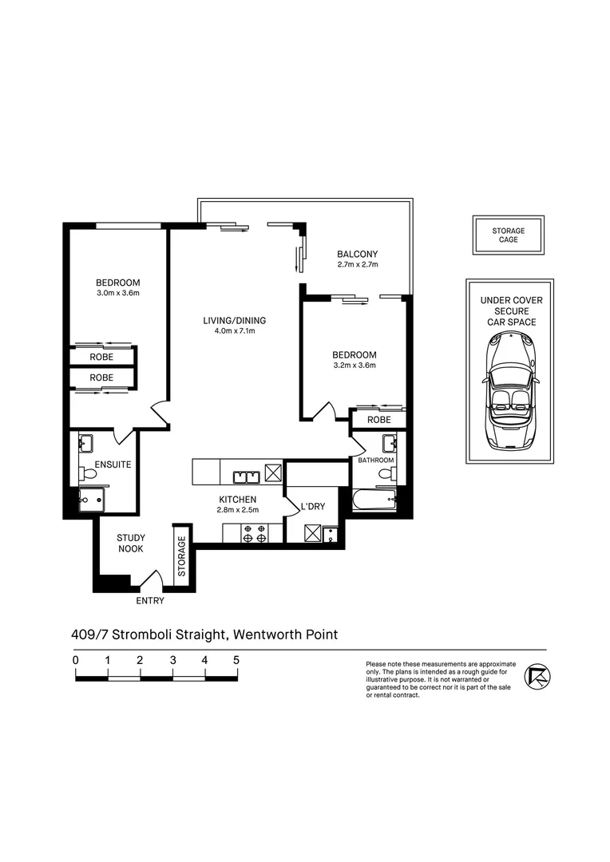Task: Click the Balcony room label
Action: click(358, 254)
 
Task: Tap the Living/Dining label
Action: click(234, 321)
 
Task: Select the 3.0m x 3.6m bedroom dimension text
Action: click(118, 293)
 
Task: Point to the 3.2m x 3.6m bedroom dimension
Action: click(355, 365)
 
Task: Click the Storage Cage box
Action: click(509, 235)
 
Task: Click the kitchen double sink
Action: click(246, 476)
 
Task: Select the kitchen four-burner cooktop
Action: click(255, 533)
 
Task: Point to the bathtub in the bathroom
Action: click(374, 500)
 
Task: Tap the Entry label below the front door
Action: click(150, 601)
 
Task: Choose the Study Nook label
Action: click(131, 544)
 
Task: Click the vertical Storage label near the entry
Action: click(182, 556)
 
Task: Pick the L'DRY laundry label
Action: click(313, 506)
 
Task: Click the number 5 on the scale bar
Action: click(236, 660)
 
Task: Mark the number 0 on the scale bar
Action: click(76, 660)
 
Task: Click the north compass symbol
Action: click(537, 677)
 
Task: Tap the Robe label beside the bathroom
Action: click(379, 420)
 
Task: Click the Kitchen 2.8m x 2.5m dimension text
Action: click(238, 509)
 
